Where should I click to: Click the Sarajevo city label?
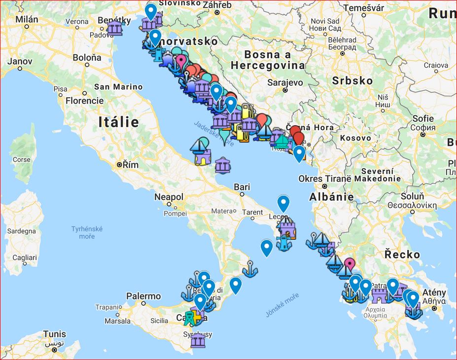point(284,82)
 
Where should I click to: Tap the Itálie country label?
point(118,121)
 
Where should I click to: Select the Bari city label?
point(242,187)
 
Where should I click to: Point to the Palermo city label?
point(143,296)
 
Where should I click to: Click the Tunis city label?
point(54,334)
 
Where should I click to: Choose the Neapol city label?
point(169,197)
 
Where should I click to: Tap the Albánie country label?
point(331,197)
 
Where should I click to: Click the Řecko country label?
point(403,254)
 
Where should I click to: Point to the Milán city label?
point(27,19)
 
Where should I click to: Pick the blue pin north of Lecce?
point(283,203)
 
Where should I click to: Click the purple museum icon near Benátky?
point(114,28)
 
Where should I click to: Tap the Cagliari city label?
point(25,257)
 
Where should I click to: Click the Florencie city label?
point(86,101)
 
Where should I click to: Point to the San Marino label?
point(118,87)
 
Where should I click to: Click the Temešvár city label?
point(363,8)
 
